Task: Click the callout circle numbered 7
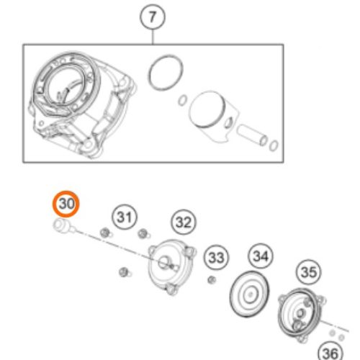click(153, 17)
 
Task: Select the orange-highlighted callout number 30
click(66, 204)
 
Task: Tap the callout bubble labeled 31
click(125, 217)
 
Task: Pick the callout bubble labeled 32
click(184, 222)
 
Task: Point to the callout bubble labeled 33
click(216, 258)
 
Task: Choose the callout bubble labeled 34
click(261, 256)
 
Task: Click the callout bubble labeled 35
click(309, 272)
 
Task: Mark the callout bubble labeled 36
click(330, 353)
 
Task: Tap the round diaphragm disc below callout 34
click(250, 294)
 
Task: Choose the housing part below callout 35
click(300, 314)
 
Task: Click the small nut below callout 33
click(212, 280)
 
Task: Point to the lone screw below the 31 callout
click(125, 272)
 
